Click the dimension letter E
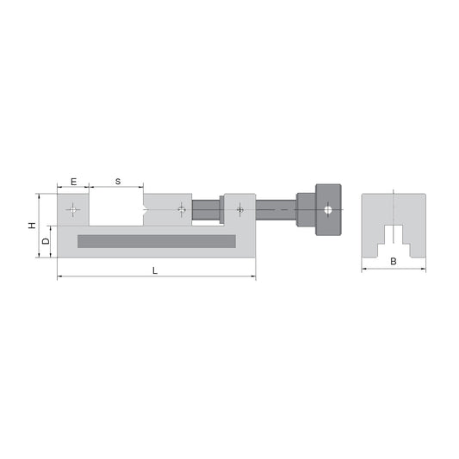[x=73, y=182]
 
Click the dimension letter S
[x=117, y=182]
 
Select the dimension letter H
[x=32, y=226]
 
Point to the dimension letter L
[x=155, y=270]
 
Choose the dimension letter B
[x=393, y=261]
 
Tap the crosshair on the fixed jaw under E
[x=74, y=209]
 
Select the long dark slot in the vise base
[x=156, y=241]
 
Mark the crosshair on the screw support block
[x=239, y=209]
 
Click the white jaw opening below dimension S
[x=117, y=209]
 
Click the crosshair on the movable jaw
[x=181, y=209]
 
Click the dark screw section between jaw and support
[x=207, y=209]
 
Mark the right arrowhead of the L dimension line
[x=253, y=277]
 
